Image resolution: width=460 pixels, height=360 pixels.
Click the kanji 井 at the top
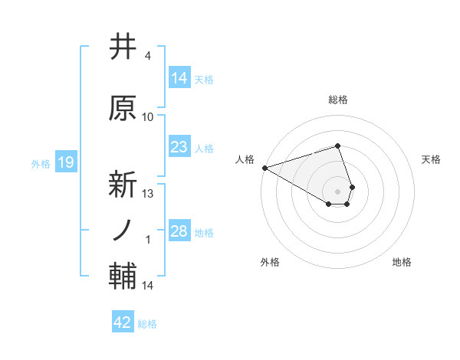pyautogui.click(x=123, y=47)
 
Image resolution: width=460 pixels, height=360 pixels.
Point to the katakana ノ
pyautogui.click(x=123, y=230)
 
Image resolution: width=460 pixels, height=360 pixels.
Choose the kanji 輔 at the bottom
pyautogui.click(x=123, y=277)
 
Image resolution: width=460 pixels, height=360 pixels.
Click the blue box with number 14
pyautogui.click(x=179, y=78)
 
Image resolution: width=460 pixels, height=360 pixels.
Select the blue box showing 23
pyautogui.click(x=179, y=147)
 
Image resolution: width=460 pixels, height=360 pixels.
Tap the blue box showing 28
pyautogui.click(x=179, y=231)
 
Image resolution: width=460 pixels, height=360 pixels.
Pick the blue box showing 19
pyautogui.click(x=65, y=162)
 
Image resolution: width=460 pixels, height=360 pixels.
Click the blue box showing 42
pyautogui.click(x=123, y=322)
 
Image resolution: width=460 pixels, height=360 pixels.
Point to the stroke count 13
pyautogui.click(x=148, y=193)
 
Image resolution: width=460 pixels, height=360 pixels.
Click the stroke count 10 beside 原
pyautogui.click(x=148, y=116)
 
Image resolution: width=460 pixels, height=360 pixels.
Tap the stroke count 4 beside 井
pyautogui.click(x=148, y=56)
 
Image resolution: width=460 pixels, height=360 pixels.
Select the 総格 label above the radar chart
pyautogui.click(x=337, y=100)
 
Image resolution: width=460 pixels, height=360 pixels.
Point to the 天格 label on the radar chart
pyautogui.click(x=431, y=159)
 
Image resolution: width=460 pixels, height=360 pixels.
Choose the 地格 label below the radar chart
pyautogui.click(x=402, y=262)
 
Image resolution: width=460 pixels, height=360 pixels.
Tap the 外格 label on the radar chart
pyautogui.click(x=270, y=262)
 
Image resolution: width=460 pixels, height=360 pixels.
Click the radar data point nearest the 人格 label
pyautogui.click(x=264, y=167)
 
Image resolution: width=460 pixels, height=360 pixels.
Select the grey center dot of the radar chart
pyautogui.click(x=337, y=190)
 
